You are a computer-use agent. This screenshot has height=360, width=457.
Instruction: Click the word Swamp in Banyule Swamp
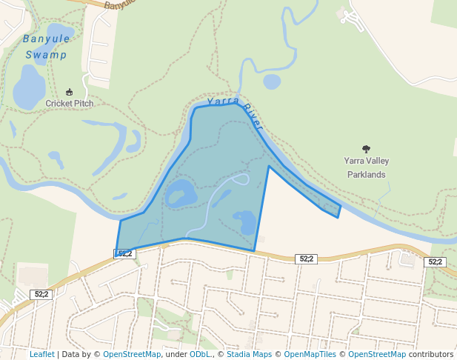click(x=46, y=55)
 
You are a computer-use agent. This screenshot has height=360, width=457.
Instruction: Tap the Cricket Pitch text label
click(x=70, y=104)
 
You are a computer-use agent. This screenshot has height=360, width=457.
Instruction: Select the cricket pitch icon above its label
click(x=70, y=92)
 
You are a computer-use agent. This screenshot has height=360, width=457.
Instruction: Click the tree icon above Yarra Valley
click(x=366, y=149)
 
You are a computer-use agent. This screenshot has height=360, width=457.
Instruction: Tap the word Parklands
click(x=367, y=175)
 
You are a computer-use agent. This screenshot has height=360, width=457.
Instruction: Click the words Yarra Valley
click(x=367, y=161)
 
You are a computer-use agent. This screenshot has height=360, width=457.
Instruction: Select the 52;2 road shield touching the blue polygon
click(x=124, y=253)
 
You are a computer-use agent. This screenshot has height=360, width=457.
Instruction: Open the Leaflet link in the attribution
click(x=42, y=354)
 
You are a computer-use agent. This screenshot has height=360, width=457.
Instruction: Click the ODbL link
click(x=199, y=354)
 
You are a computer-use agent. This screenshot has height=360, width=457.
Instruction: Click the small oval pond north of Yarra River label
click(x=272, y=81)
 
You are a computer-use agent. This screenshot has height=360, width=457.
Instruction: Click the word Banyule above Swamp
click(x=46, y=39)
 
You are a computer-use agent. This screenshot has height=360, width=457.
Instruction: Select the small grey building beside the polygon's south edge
click(x=260, y=239)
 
